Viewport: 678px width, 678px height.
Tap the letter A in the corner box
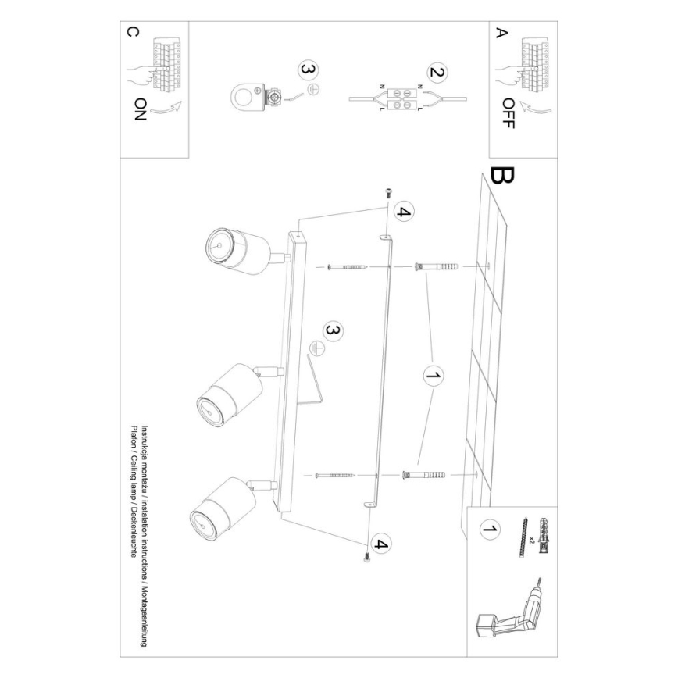pos(501,33)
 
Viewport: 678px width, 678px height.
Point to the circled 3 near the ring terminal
pos(309,70)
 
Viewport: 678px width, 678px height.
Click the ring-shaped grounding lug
pos(246,98)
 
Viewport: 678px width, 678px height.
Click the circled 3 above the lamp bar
pos(332,332)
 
